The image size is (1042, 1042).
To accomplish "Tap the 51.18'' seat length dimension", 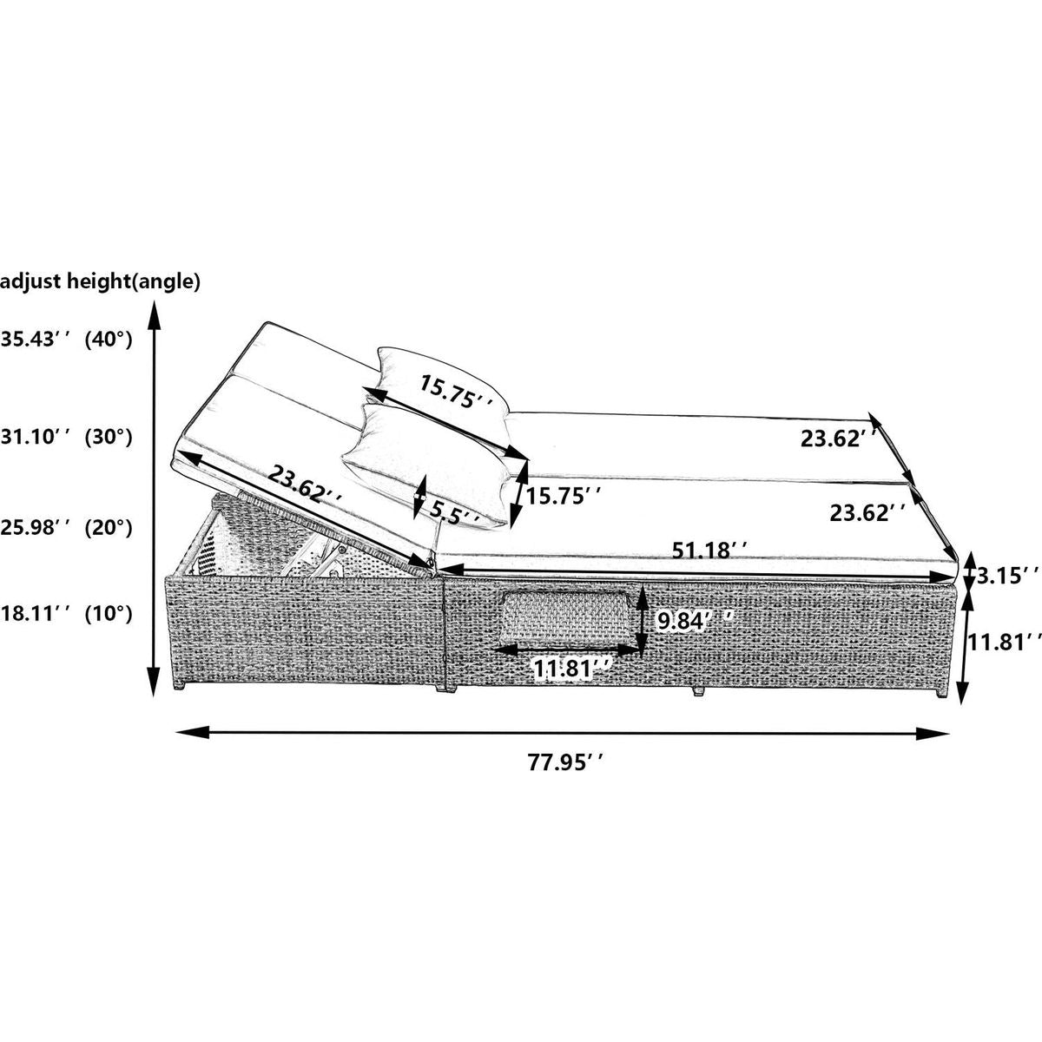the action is coord(709,551).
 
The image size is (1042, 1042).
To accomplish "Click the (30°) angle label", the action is coord(109,437).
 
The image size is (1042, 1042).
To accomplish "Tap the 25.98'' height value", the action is coord(36,526).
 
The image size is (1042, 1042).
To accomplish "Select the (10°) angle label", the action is coord(109,614).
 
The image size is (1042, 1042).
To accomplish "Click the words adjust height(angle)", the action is coord(100,282).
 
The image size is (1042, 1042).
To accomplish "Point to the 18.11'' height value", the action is coord(36,614).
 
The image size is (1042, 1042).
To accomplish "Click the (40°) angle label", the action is coord(109,340).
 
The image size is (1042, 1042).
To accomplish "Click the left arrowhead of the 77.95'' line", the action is coord(193,733).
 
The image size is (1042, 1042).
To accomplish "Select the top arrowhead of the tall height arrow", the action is coord(154,316).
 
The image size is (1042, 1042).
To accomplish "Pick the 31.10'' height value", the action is coord(36,437).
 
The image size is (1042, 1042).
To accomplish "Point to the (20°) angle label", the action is coord(109,526).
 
